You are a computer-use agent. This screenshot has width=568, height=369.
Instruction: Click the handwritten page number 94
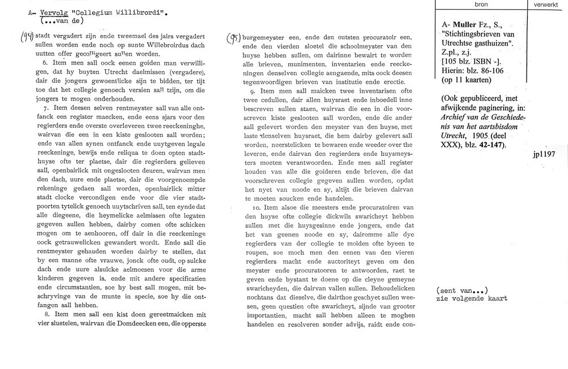tap(26, 38)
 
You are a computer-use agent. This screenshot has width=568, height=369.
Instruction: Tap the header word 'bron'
tap(480, 4)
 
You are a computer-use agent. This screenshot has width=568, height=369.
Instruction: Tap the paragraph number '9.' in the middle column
tap(253, 90)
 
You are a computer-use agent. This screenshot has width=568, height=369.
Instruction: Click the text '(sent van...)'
tap(462, 290)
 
